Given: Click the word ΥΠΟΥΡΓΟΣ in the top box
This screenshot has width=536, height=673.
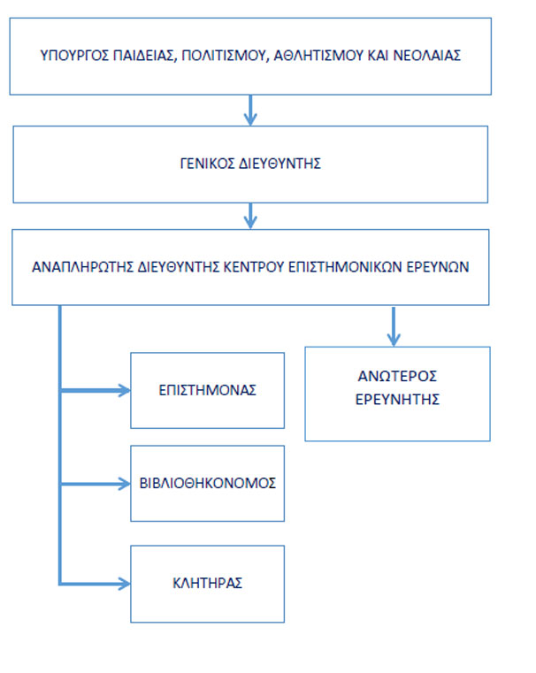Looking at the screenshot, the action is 74,56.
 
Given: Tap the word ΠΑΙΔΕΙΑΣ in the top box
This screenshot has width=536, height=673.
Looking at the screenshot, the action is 145,56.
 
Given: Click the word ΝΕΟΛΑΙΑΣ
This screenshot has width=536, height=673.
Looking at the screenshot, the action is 427,56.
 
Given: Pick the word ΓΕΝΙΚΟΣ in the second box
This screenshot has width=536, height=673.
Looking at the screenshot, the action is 207,164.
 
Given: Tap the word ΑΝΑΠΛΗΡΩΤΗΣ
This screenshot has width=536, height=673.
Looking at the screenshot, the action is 83,267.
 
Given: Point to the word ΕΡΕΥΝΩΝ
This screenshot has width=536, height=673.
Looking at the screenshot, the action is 438,267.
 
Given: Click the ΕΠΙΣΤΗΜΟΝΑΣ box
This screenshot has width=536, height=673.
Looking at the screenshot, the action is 207,391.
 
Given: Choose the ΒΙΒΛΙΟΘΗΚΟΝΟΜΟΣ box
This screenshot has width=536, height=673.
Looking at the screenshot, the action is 207,483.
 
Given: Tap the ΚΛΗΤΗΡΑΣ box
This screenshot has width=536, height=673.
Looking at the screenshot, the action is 207,584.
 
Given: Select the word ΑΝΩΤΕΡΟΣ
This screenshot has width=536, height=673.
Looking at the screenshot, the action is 397,377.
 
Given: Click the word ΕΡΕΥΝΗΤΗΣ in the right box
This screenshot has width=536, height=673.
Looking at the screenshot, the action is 397,400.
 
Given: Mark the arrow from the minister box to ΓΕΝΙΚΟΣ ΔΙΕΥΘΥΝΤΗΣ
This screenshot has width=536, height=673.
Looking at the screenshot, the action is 250,111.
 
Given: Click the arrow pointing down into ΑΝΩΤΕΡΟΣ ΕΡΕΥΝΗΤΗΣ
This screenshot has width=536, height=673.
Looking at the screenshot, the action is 394,326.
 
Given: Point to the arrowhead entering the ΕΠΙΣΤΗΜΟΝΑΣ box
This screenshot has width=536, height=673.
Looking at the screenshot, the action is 125,391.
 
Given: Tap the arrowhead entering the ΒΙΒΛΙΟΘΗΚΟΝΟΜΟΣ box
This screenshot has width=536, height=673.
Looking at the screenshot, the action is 125,484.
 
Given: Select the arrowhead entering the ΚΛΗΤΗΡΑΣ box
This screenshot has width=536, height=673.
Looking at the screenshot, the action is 125,584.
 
